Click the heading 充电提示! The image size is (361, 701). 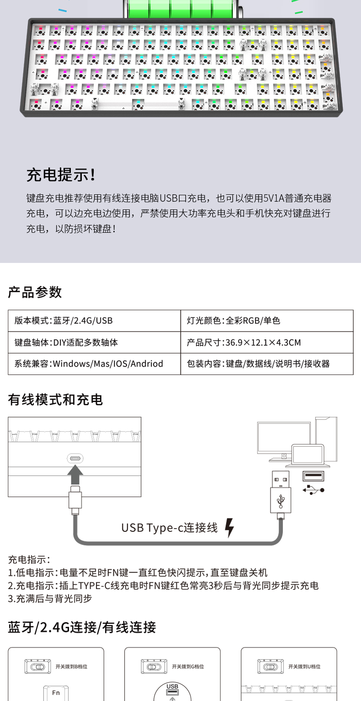click(x=61, y=175)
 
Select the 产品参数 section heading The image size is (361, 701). click(x=35, y=292)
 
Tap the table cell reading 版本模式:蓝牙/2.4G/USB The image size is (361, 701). click(x=64, y=321)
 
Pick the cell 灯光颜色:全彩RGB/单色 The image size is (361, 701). click(x=234, y=321)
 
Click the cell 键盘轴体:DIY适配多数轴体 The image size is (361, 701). click(x=63, y=342)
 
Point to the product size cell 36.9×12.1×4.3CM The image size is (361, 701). click(x=244, y=342)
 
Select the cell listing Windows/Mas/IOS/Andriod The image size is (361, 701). click(x=89, y=364)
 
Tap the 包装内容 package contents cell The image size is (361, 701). click(x=258, y=364)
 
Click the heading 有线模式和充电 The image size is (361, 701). click(x=55, y=400)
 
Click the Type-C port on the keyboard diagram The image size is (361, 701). click(x=75, y=459)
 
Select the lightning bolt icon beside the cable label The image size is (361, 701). click(x=229, y=528)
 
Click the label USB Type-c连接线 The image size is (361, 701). click(x=170, y=528)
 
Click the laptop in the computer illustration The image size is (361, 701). click(x=308, y=455)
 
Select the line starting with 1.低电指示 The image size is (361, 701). click(x=138, y=573)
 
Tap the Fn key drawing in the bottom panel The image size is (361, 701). click(x=56, y=692)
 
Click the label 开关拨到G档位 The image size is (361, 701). click(x=188, y=667)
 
